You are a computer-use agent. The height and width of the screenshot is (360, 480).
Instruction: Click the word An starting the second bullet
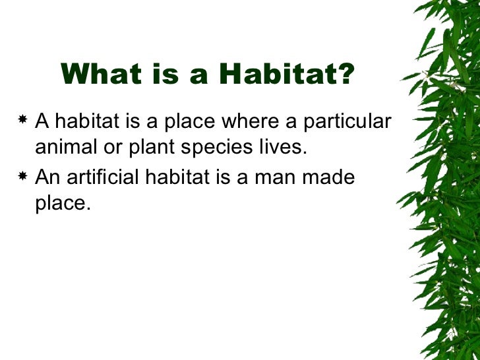[47, 177]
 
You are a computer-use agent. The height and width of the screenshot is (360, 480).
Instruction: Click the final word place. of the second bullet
[62, 203]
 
